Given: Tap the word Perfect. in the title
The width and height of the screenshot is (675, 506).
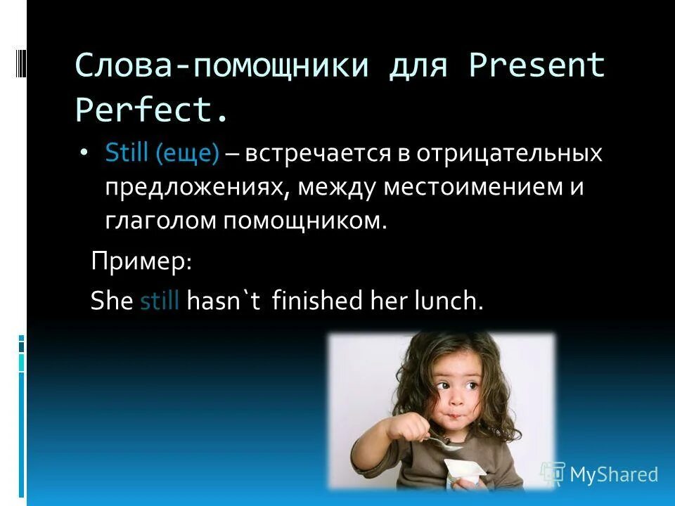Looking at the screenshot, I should click(152, 110).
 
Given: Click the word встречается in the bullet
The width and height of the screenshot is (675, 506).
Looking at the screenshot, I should click(317, 154).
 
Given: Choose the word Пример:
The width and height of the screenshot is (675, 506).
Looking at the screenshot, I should click(141, 262).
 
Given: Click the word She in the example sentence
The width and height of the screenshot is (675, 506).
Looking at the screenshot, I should click(112, 301).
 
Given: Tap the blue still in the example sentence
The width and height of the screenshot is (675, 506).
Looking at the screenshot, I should click(161, 301).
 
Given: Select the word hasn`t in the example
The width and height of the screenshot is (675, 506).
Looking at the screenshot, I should click(224, 301).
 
